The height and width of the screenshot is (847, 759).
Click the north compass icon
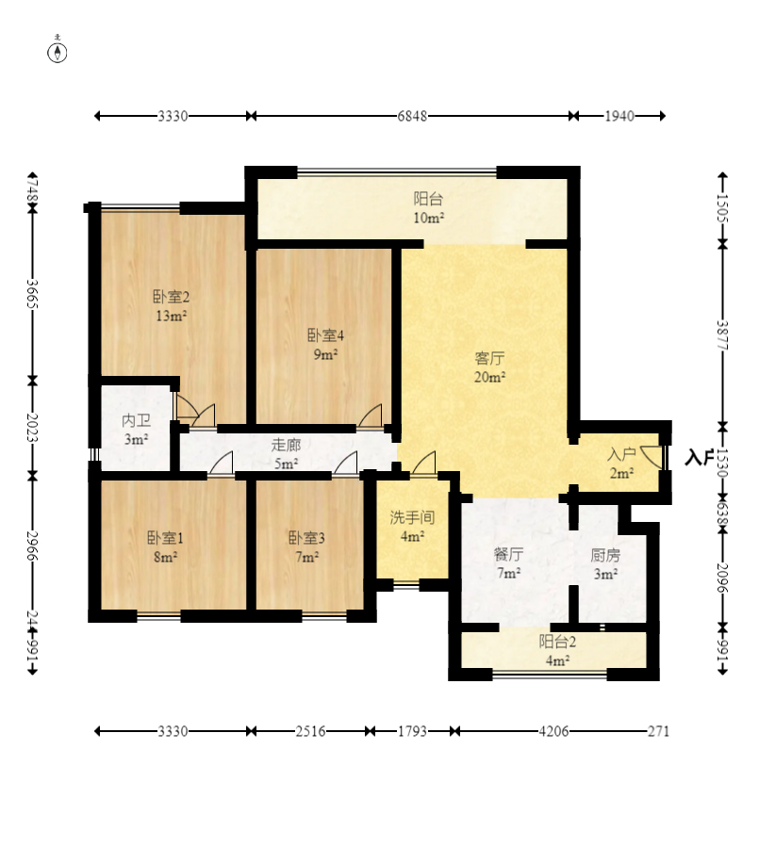pyautogui.click(x=58, y=50)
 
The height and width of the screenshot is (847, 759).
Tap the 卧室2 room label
pyautogui.click(x=171, y=297)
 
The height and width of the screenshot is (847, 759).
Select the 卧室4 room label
pyautogui.click(x=325, y=335)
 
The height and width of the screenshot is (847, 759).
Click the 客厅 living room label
pyautogui.click(x=489, y=358)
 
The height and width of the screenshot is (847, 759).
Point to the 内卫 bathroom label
pyautogui.click(x=136, y=420)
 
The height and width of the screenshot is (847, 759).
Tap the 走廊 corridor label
pyautogui.click(x=286, y=445)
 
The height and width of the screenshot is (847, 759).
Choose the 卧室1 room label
pyautogui.click(x=165, y=537)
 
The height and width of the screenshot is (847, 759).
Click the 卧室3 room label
pyautogui.click(x=306, y=537)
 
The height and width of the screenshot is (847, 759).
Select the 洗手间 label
pyautogui.click(x=412, y=517)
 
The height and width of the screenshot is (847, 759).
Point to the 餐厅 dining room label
pyautogui.click(x=508, y=554)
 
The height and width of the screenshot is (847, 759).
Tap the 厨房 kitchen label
pyautogui.click(x=605, y=555)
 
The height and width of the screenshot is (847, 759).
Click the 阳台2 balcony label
pyautogui.click(x=557, y=642)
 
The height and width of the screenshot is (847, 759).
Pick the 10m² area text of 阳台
pyautogui.click(x=429, y=218)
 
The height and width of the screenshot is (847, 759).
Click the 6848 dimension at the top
pyautogui.click(x=412, y=116)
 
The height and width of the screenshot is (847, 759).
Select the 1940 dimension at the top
pyautogui.click(x=619, y=116)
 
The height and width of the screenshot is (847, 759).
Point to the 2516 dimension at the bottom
pyautogui.click(x=310, y=731)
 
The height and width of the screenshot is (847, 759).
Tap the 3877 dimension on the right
pyautogui.click(x=723, y=334)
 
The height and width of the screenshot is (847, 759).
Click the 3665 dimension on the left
pyautogui.click(x=32, y=294)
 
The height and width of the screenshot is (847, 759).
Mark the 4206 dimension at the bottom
pyautogui.click(x=553, y=731)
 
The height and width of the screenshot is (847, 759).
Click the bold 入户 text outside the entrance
pyautogui.click(x=699, y=457)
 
